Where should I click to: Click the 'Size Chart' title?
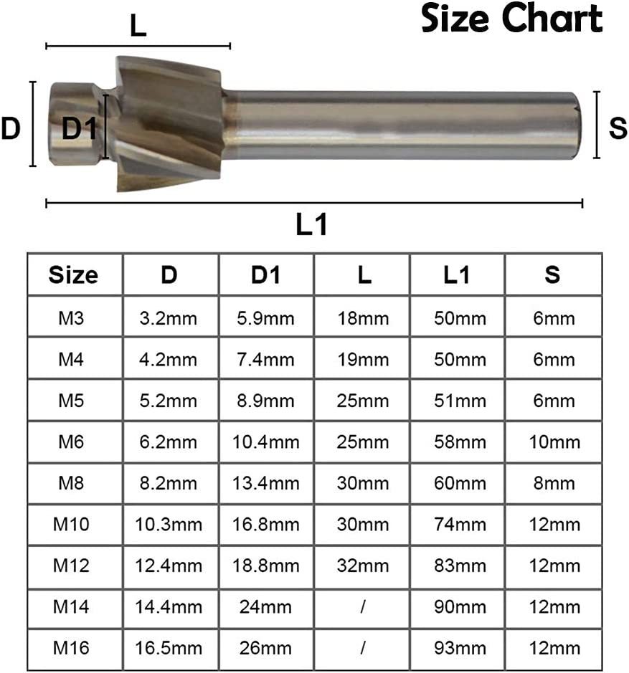511,19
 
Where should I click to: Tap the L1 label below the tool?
312,224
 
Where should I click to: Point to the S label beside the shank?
618,128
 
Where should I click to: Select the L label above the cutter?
138,26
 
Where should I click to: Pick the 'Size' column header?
73,275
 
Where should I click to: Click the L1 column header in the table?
457,275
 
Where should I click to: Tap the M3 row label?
71,318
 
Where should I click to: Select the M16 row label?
71,648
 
